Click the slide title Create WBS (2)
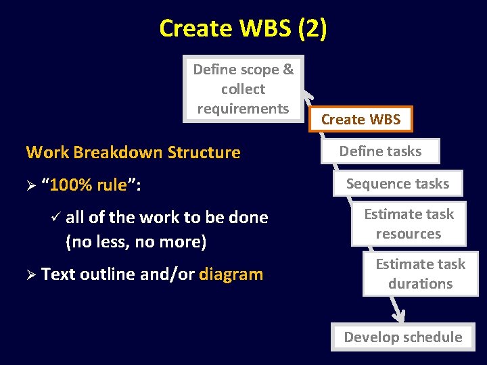(x=243, y=28)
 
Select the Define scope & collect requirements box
(x=243, y=89)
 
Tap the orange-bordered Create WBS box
(x=361, y=120)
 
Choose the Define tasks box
(x=380, y=151)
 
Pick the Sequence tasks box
(x=398, y=183)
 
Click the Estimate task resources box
(x=409, y=224)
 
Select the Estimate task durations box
(x=420, y=274)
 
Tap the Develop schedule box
(x=402, y=337)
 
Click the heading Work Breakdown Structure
(x=133, y=152)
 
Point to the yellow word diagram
(x=231, y=274)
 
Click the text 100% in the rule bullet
(x=70, y=185)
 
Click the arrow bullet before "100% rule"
(x=30, y=185)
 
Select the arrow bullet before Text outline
(x=30, y=274)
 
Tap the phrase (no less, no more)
(x=136, y=241)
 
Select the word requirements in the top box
(x=243, y=108)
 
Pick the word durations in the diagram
(x=420, y=284)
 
